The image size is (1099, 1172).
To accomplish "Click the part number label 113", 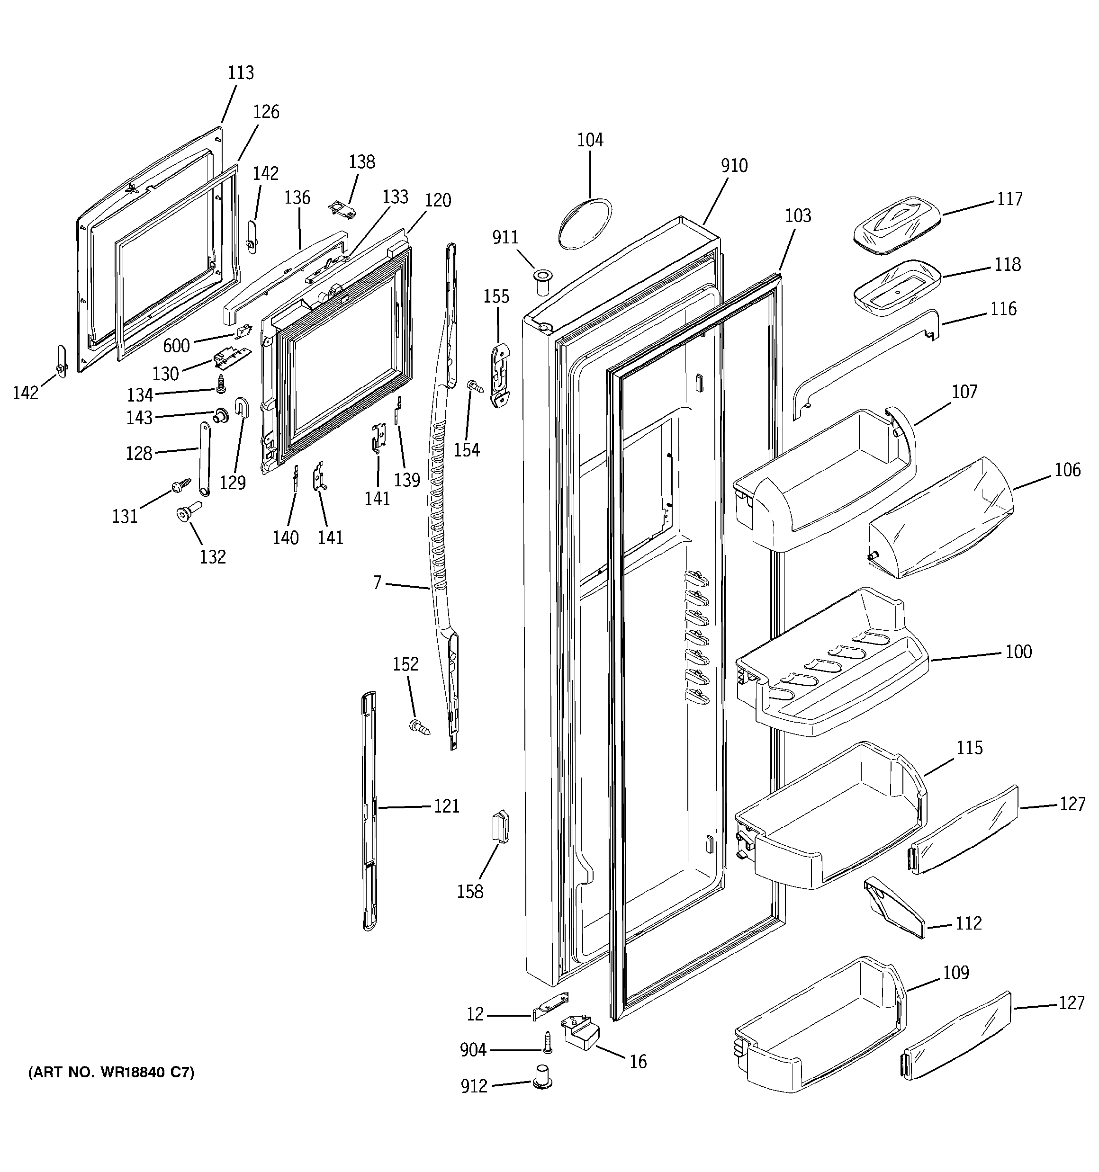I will coord(241,72).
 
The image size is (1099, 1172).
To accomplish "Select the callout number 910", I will coord(734,166).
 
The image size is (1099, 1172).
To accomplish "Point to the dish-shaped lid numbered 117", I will coord(896,225).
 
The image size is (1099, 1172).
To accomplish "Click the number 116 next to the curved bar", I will coord(1003,309).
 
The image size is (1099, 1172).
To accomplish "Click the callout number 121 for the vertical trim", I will coord(447,806).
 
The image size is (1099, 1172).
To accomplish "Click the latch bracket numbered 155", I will coord(500,376).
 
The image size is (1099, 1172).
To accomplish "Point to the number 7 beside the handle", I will coord(377,583).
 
